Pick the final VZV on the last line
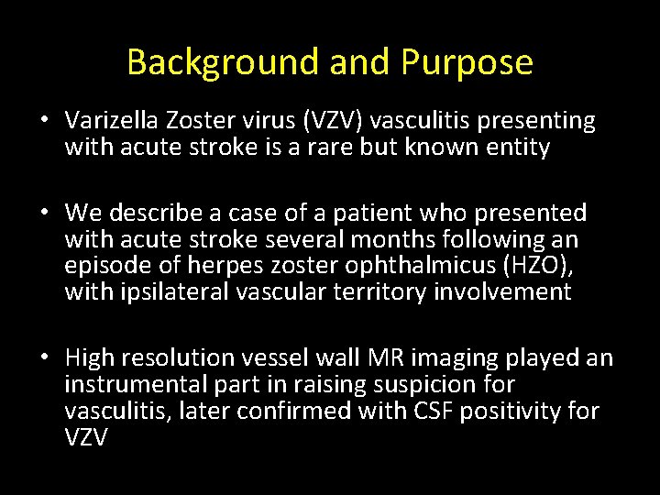point(86,437)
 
